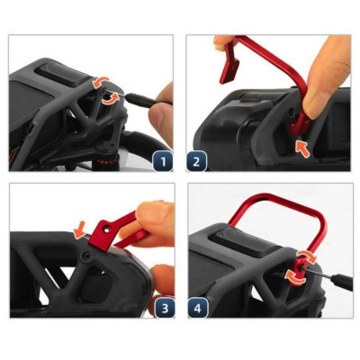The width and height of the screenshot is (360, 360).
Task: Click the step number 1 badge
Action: (163, 162)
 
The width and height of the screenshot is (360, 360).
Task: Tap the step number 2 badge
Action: (196, 161)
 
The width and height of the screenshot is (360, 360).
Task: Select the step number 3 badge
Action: (166, 308)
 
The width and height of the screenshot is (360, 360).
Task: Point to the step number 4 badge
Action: (198, 308)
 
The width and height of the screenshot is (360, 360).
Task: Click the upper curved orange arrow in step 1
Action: (101, 82)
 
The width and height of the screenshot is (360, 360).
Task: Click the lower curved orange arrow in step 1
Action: (109, 99)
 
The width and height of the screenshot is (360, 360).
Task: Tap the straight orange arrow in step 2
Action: (302, 148)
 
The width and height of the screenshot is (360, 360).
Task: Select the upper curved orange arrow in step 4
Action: (306, 257)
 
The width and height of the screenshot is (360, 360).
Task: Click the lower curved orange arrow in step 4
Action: (295, 276)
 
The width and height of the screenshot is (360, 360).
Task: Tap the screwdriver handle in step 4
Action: (341, 282)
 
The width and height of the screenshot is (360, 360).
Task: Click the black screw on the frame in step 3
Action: (87, 256)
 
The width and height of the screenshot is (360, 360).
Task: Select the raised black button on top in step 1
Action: (58, 75)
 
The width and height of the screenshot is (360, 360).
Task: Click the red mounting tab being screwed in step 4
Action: (298, 268)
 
